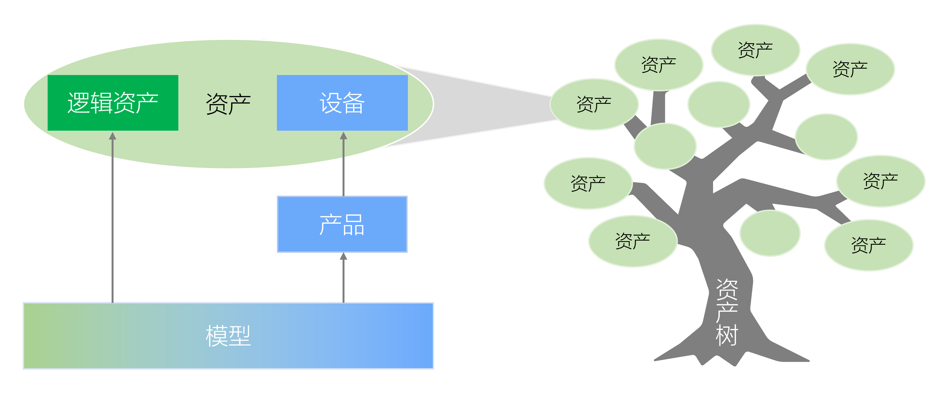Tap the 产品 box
(x=342, y=224)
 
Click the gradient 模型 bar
(x=228, y=336)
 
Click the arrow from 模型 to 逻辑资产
(x=112, y=220)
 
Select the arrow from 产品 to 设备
(x=343, y=165)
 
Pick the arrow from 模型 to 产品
(x=343, y=278)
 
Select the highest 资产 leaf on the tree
(x=755, y=50)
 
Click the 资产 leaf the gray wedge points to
(x=594, y=104)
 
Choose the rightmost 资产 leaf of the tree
(x=880, y=181)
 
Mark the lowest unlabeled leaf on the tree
(x=770, y=233)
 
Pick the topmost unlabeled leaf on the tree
(x=719, y=104)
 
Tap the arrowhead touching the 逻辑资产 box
(x=112, y=136)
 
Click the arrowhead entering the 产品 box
(x=343, y=256)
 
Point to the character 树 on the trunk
(x=727, y=335)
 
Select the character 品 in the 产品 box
(x=354, y=225)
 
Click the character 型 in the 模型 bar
(x=239, y=336)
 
